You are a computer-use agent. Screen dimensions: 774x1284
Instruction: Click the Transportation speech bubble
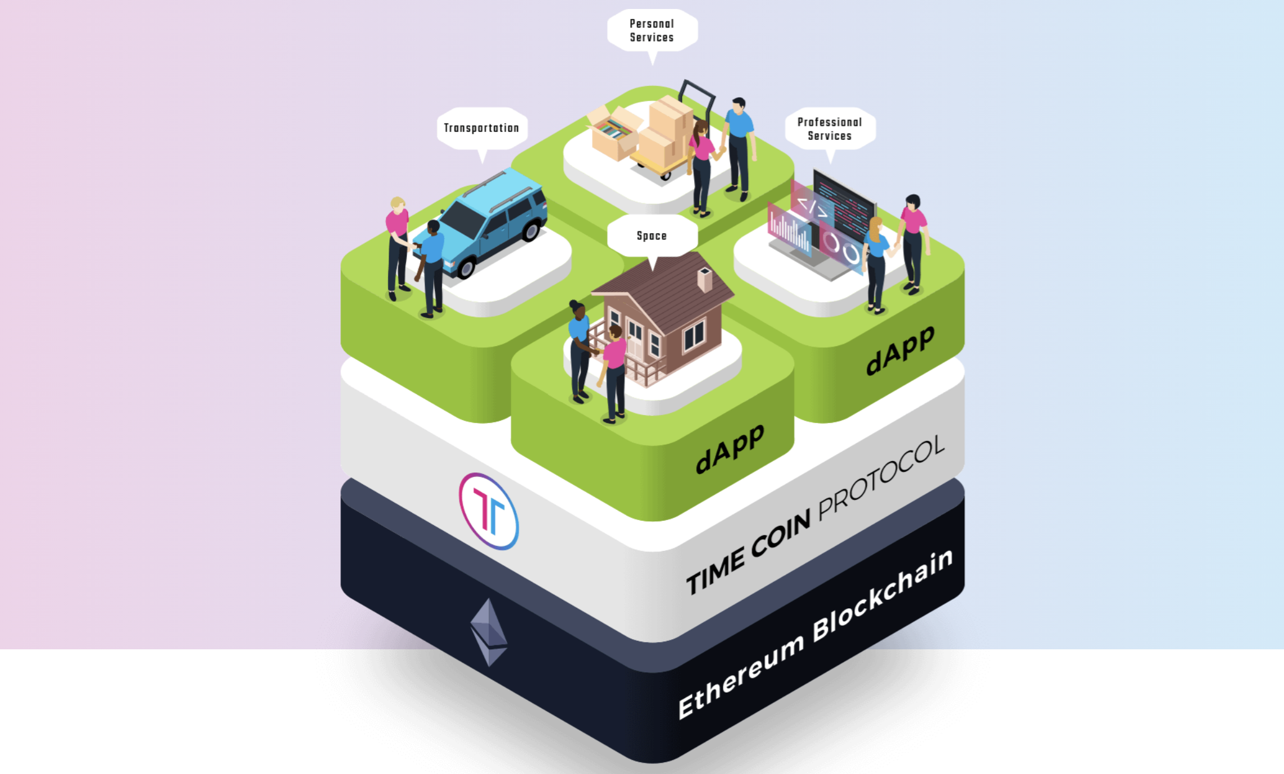coord(481,128)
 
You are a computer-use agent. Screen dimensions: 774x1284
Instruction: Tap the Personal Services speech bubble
coord(652,30)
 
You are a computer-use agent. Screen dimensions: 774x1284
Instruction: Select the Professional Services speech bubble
coord(830,129)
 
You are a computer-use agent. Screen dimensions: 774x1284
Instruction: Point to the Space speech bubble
coord(652,235)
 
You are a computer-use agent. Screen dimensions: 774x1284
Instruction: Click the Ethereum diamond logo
coord(489,632)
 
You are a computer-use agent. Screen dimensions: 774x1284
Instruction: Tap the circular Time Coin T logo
coord(489,511)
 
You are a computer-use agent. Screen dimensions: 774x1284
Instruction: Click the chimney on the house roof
coord(704,279)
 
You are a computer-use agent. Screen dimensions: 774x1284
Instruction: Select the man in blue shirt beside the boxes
coord(739,146)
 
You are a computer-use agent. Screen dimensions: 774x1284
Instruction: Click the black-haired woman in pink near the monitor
coord(913,242)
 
